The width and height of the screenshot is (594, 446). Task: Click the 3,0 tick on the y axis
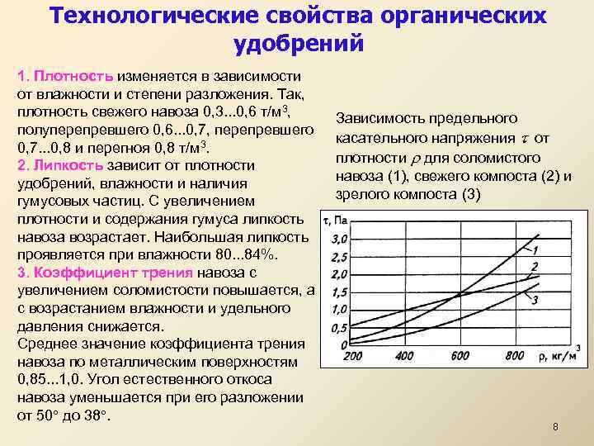coord(338,239)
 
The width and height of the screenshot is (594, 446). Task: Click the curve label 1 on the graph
coord(535,249)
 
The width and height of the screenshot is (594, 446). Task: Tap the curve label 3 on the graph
coord(535,300)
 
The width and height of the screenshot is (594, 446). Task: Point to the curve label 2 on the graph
coord(535,266)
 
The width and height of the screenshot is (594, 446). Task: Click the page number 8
coord(555,427)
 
